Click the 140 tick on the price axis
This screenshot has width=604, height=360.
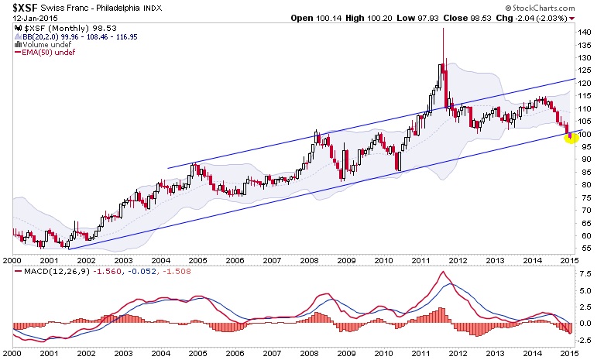(x=585, y=33)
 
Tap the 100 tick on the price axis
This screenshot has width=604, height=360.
(x=585, y=134)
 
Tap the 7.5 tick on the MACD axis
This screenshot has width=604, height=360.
(x=586, y=274)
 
